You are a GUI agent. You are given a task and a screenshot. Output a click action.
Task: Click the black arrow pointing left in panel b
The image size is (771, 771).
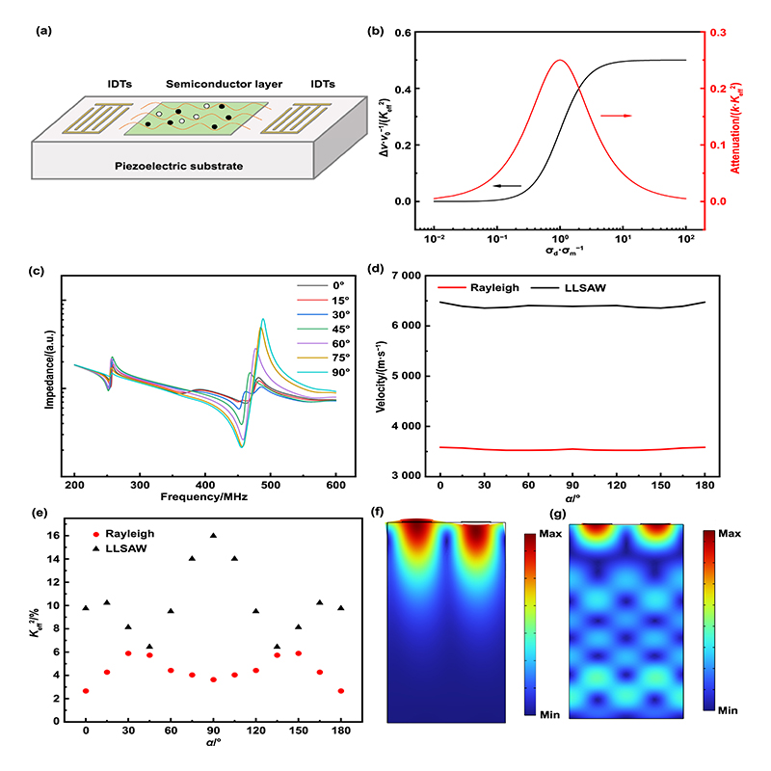tap(505, 185)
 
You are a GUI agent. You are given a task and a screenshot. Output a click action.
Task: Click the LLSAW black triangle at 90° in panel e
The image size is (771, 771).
tap(214, 535)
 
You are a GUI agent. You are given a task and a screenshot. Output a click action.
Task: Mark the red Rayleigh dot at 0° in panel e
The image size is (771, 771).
tap(86, 691)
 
